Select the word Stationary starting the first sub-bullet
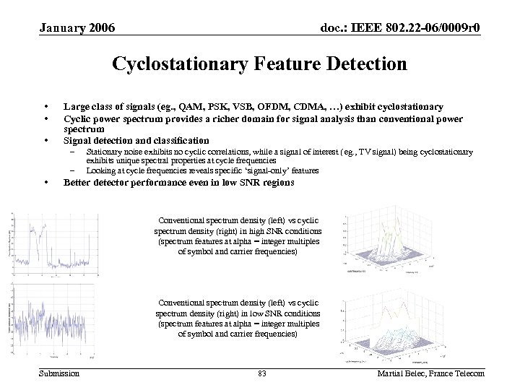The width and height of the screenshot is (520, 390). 102,152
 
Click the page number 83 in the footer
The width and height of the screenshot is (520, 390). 261,373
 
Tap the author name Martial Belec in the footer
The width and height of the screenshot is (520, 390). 404,373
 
